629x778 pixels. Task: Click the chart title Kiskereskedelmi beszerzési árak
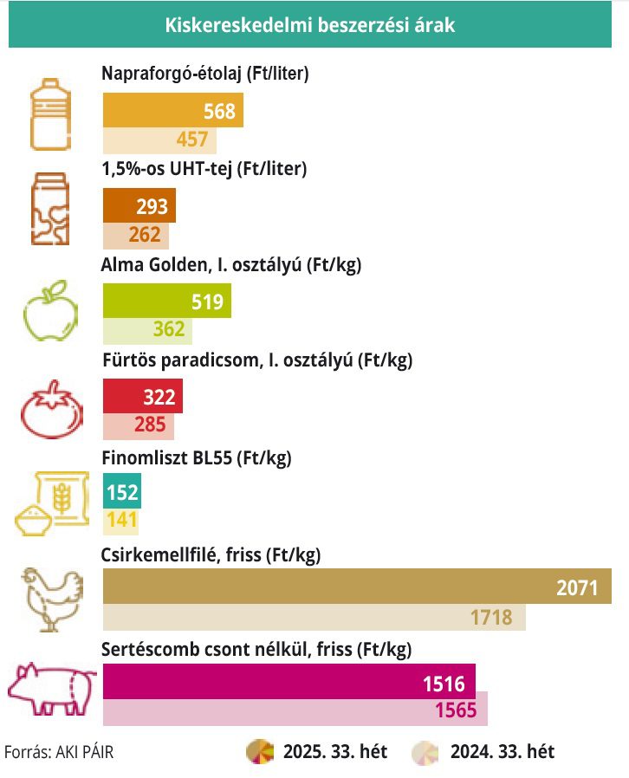pyautogui.click(x=309, y=26)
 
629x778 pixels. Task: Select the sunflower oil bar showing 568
pyautogui.click(x=172, y=111)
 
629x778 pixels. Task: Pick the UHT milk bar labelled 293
pyautogui.click(x=139, y=206)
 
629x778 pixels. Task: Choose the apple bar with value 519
pyautogui.click(x=166, y=301)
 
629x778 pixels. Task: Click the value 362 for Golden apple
pyautogui.click(x=169, y=329)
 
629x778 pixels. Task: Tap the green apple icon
pyautogui.click(x=50, y=309)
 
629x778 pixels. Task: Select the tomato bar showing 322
pyautogui.click(x=142, y=398)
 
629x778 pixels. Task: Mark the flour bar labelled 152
pyautogui.click(x=121, y=493)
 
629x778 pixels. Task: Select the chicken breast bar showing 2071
pyautogui.click(x=357, y=587)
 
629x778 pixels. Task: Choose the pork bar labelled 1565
pyautogui.click(x=295, y=710)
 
